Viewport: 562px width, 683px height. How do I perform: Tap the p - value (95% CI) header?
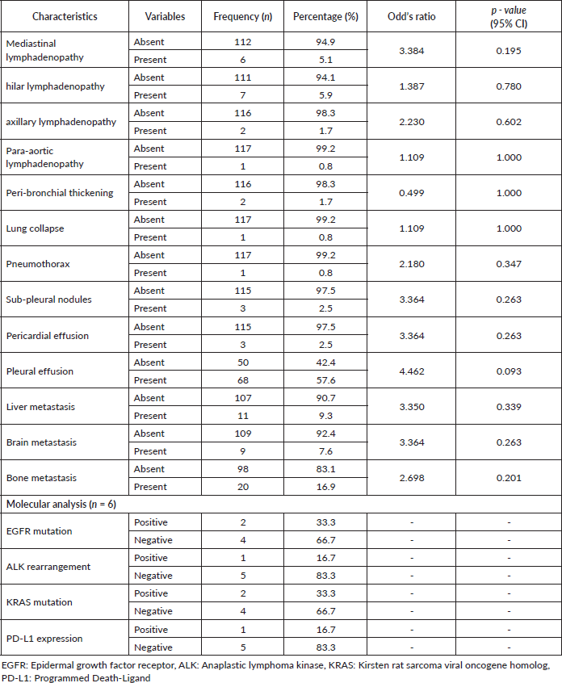[x=508, y=16]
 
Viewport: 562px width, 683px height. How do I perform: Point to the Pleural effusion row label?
[x=40, y=371]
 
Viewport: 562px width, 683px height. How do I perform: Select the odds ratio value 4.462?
[x=412, y=371]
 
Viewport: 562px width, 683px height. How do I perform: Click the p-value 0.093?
[x=508, y=371]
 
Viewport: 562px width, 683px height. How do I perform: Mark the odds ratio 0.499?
[x=412, y=193]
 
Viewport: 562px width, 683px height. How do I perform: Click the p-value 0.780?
[x=508, y=86]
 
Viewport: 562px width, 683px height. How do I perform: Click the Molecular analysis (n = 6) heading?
[x=61, y=505]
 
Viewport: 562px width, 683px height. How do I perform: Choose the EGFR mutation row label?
[x=39, y=531]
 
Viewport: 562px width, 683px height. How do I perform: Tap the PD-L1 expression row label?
[x=44, y=639]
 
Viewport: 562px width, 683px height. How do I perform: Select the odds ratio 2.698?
[x=412, y=478]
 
